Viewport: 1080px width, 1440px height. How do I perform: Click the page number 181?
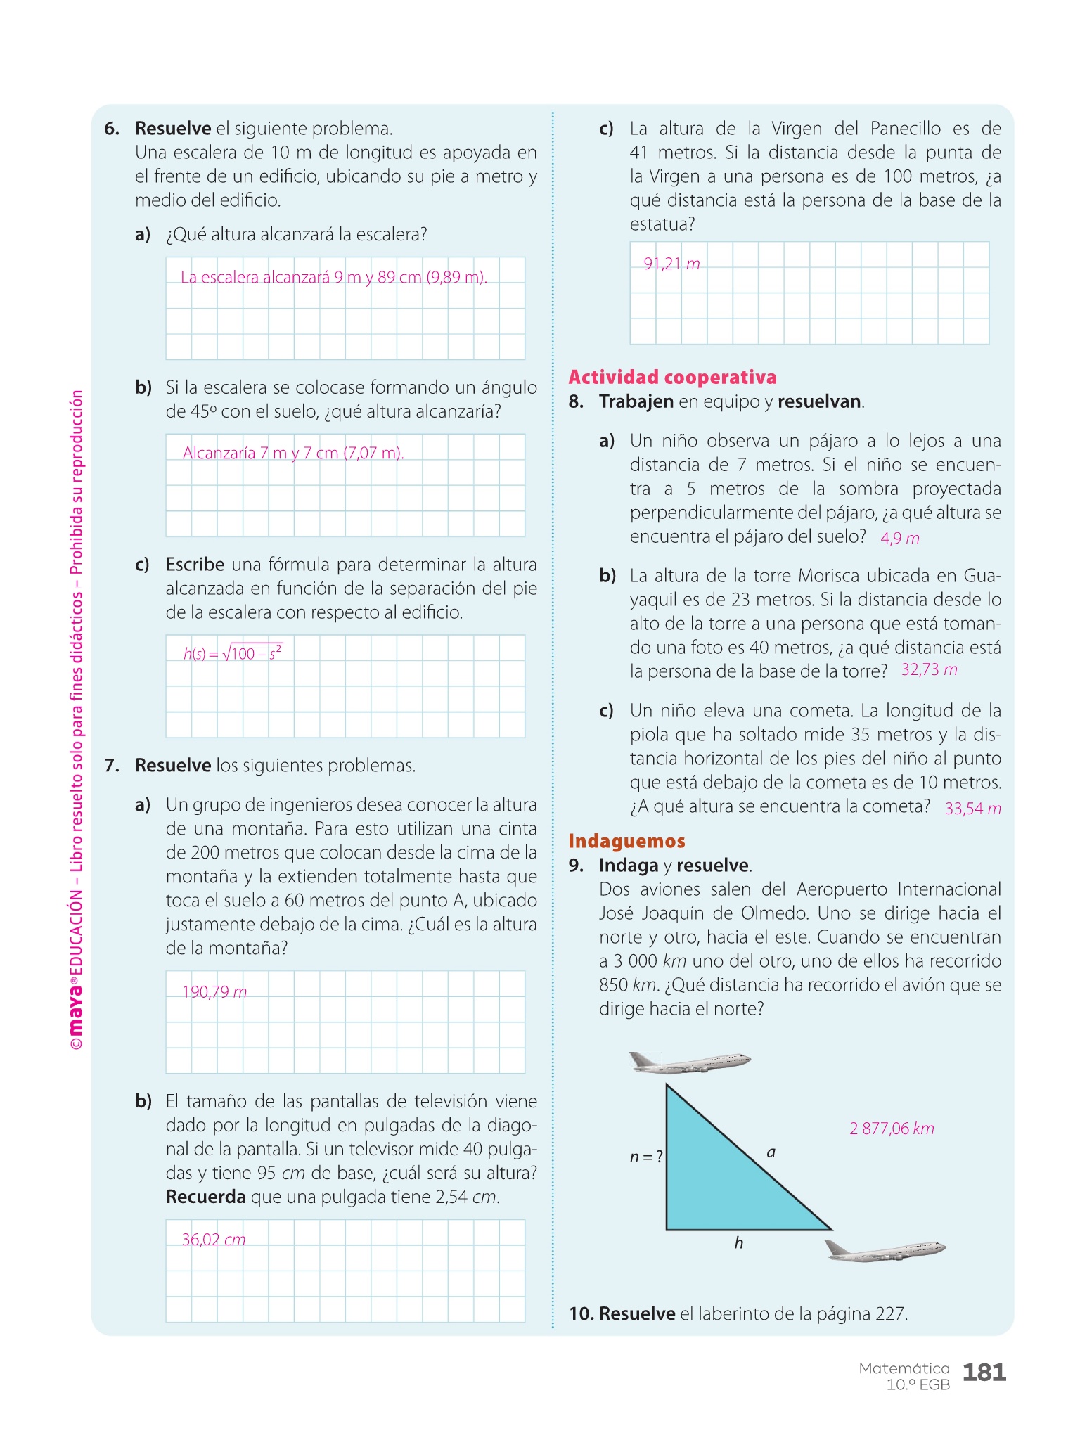tap(984, 1372)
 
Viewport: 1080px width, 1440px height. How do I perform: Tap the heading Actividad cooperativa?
tap(672, 378)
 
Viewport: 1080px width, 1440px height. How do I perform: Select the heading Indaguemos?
tap(626, 841)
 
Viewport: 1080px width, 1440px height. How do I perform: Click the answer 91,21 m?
tap(671, 264)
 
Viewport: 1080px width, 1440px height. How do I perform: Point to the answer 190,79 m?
tap(214, 992)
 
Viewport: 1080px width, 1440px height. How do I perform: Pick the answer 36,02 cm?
tap(214, 1240)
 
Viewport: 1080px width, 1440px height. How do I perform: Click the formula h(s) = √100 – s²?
tap(233, 652)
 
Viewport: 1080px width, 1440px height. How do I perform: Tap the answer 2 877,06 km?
tap(892, 1129)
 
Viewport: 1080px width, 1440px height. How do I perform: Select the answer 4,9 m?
tap(899, 538)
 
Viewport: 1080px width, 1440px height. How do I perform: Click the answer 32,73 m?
tap(929, 669)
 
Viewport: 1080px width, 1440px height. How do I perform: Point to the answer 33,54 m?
tap(972, 808)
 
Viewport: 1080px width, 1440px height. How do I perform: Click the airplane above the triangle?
tap(689, 1062)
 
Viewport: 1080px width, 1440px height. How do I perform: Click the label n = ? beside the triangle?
tap(646, 1157)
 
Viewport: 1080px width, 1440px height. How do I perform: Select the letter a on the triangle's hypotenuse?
tap(771, 1152)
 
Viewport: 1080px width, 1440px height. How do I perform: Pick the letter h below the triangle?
tap(738, 1243)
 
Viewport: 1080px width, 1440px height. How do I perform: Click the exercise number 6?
tap(111, 129)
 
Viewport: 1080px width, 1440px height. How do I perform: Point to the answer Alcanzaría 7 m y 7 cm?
tap(293, 453)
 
